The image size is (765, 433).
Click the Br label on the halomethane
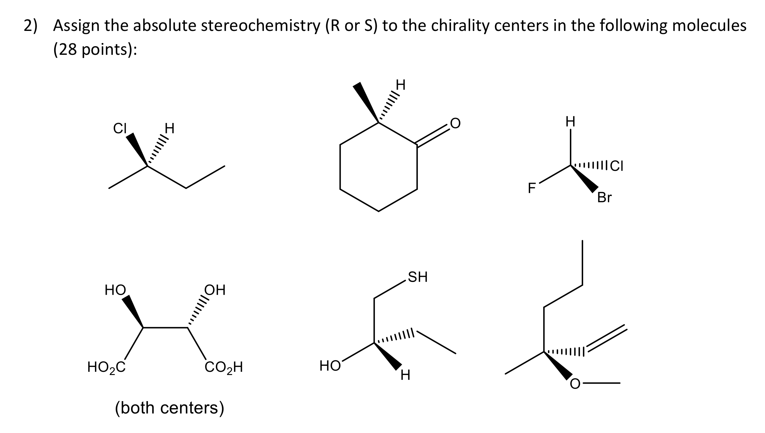604,198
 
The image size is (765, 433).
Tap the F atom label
531,188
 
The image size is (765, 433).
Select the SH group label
418,277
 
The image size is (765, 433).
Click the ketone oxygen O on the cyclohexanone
455,123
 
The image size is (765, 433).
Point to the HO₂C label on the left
106,367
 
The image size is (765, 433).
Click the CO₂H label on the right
224,367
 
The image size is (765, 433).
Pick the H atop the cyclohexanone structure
400,85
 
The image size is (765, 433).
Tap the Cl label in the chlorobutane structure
120,128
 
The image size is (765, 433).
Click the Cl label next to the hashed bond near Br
616,166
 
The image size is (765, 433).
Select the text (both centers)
170,408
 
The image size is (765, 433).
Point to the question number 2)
31,25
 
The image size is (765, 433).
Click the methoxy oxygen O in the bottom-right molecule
575,384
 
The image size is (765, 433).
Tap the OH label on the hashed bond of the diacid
215,290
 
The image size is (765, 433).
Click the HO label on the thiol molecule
330,366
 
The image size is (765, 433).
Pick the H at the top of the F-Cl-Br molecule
570,122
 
